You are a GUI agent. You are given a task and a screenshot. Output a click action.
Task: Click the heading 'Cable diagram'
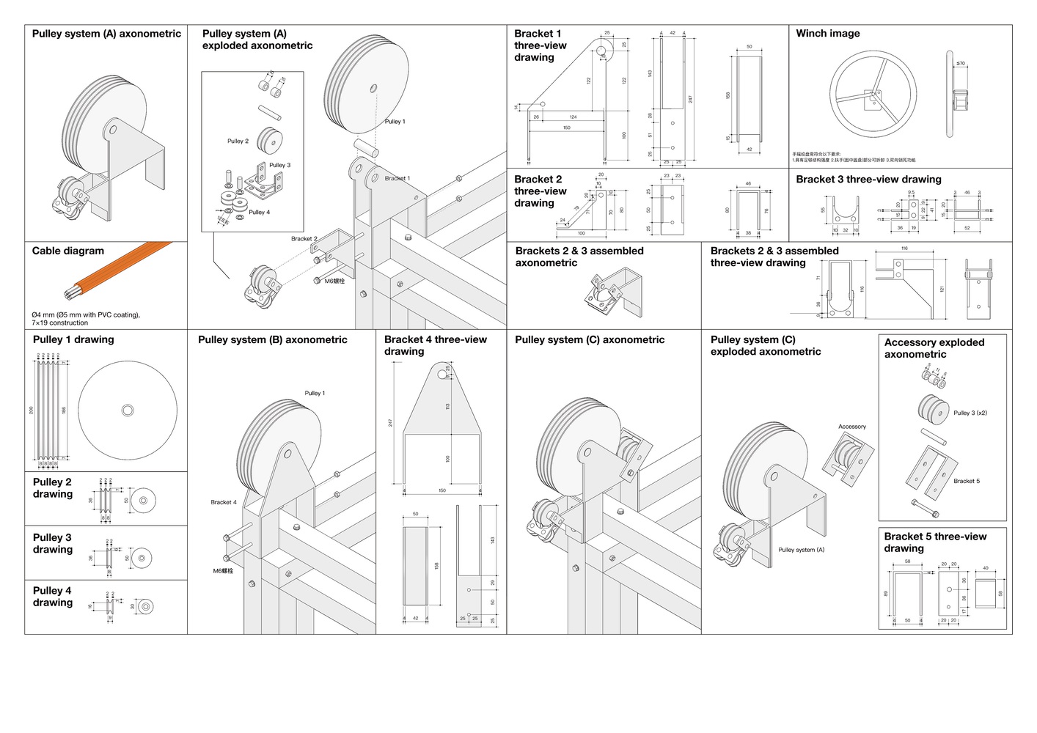[68, 251]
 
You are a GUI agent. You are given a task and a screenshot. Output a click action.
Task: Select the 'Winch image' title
[828, 33]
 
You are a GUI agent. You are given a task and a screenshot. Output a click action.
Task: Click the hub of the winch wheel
[873, 95]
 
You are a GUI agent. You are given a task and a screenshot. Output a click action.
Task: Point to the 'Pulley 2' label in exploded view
[238, 141]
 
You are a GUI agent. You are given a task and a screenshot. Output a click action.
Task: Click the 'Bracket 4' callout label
[224, 502]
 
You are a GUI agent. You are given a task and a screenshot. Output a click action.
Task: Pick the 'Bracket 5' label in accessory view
[967, 481]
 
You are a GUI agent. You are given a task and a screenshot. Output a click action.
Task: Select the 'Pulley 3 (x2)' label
[970, 413]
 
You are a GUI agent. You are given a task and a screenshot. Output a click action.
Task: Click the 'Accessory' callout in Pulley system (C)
[852, 427]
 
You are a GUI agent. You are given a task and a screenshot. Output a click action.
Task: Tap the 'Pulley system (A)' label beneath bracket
[802, 550]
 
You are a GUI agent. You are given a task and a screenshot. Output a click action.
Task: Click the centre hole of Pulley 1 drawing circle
[128, 410]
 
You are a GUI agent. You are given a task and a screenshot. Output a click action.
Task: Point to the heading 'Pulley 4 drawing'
[53, 597]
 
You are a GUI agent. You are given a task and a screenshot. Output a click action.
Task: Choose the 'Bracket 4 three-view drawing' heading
[435, 345]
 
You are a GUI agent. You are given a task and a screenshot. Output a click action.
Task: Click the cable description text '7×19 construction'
[59, 323]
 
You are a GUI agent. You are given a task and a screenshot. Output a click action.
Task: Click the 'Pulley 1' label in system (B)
[315, 394]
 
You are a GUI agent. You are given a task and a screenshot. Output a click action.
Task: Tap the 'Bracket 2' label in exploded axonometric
[304, 239]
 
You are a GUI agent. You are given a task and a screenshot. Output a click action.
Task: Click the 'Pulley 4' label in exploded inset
[259, 213]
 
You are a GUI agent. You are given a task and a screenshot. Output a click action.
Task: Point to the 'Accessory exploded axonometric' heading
[934, 348]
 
